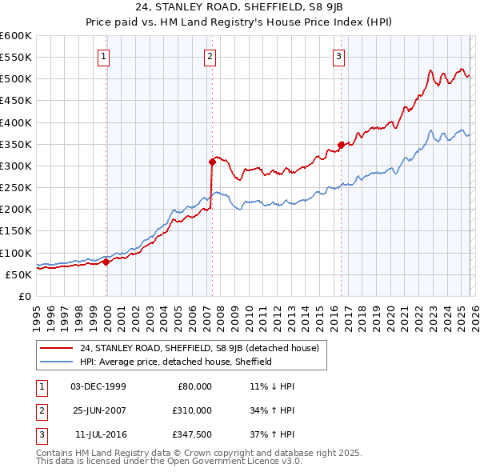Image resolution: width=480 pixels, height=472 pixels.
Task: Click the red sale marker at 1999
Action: click(x=106, y=261)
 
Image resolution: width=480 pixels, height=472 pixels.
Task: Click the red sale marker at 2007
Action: click(x=212, y=162)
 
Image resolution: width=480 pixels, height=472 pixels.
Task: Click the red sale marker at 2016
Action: click(x=341, y=145)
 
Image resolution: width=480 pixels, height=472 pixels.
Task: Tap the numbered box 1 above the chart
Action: click(x=105, y=56)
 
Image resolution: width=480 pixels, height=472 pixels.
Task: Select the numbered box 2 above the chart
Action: click(x=210, y=56)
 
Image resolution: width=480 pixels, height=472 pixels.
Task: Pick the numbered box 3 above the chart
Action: click(x=338, y=56)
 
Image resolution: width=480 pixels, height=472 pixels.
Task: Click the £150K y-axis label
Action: click(x=16, y=230)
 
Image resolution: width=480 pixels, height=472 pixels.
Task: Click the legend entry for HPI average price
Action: click(x=176, y=362)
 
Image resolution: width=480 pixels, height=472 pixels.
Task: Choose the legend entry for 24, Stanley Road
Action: click(x=199, y=348)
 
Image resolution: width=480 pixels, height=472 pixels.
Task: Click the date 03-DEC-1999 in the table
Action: click(x=98, y=386)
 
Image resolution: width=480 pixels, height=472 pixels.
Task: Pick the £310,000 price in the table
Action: click(x=193, y=410)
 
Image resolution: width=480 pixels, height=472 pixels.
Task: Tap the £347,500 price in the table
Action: click(x=193, y=434)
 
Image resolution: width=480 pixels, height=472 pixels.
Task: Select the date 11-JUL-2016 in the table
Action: click(x=100, y=434)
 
